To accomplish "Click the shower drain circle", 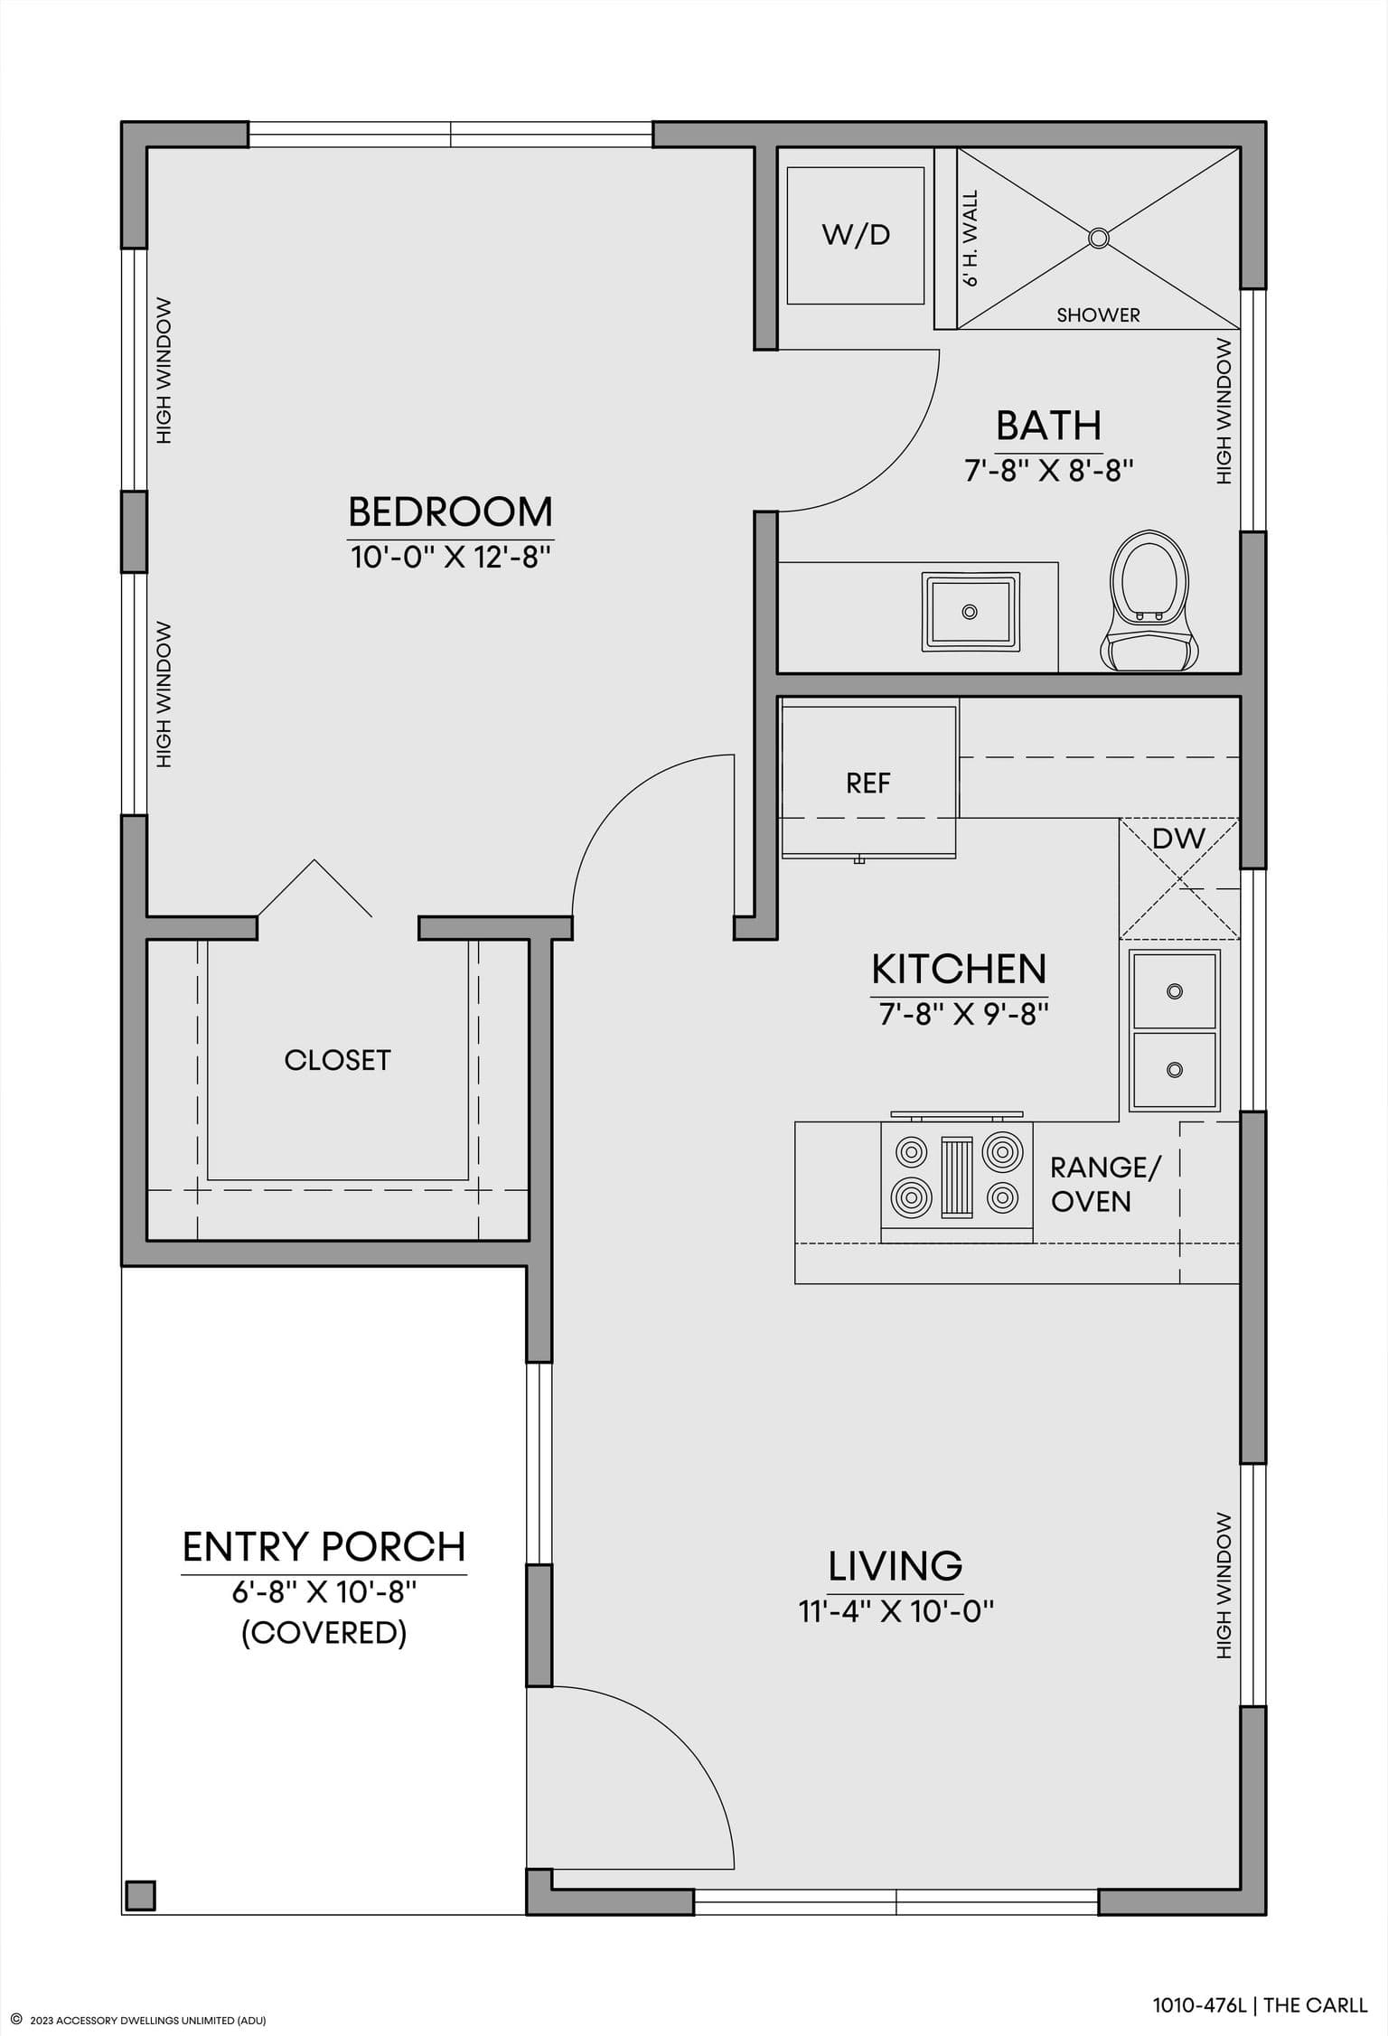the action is pos(1098,238).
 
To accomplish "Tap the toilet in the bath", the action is pos(1149,600).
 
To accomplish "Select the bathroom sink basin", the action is pos(971,612).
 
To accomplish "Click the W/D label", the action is pos(856,235).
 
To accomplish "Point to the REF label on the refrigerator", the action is pos(868,783).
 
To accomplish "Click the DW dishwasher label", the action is pos(1178,839).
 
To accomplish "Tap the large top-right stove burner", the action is pos(1001,1152).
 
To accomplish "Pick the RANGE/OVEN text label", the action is pos(1104,1184).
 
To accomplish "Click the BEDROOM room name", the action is pos(450,512).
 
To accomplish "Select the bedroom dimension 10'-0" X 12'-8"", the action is pos(451,557).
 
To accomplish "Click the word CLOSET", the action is pos(337,1060).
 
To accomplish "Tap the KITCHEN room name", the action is pos(959,970).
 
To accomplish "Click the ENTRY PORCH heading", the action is pos(324,1547).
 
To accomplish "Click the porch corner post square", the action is pos(140,1894).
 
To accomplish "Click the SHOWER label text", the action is pos(1098,315).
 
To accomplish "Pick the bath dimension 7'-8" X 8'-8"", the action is pos(1048,471).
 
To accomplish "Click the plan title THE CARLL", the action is pos(1315,2005).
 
